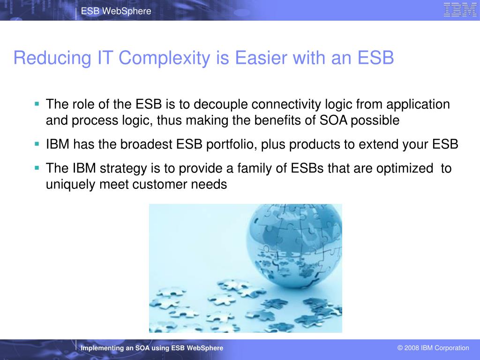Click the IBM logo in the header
460,9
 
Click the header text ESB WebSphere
116,11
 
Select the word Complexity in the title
165,58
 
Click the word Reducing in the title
52,58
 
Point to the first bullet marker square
37,104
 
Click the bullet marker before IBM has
37,143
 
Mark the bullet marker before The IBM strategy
37,168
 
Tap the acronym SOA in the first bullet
333,120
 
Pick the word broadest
146,144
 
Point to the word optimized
405,169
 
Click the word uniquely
70,185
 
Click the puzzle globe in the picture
294,245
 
